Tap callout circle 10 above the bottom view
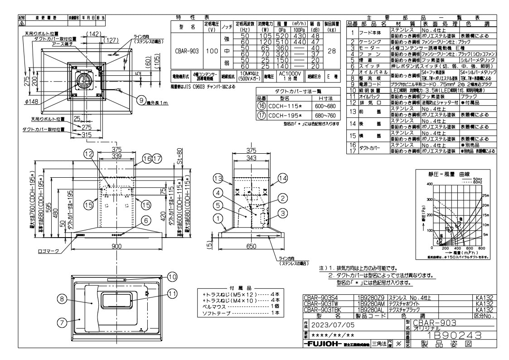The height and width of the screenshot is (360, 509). (172, 276)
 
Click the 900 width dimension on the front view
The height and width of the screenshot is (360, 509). (117, 246)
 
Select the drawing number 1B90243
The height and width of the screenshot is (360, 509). (444, 336)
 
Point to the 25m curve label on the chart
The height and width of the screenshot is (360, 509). (485, 195)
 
